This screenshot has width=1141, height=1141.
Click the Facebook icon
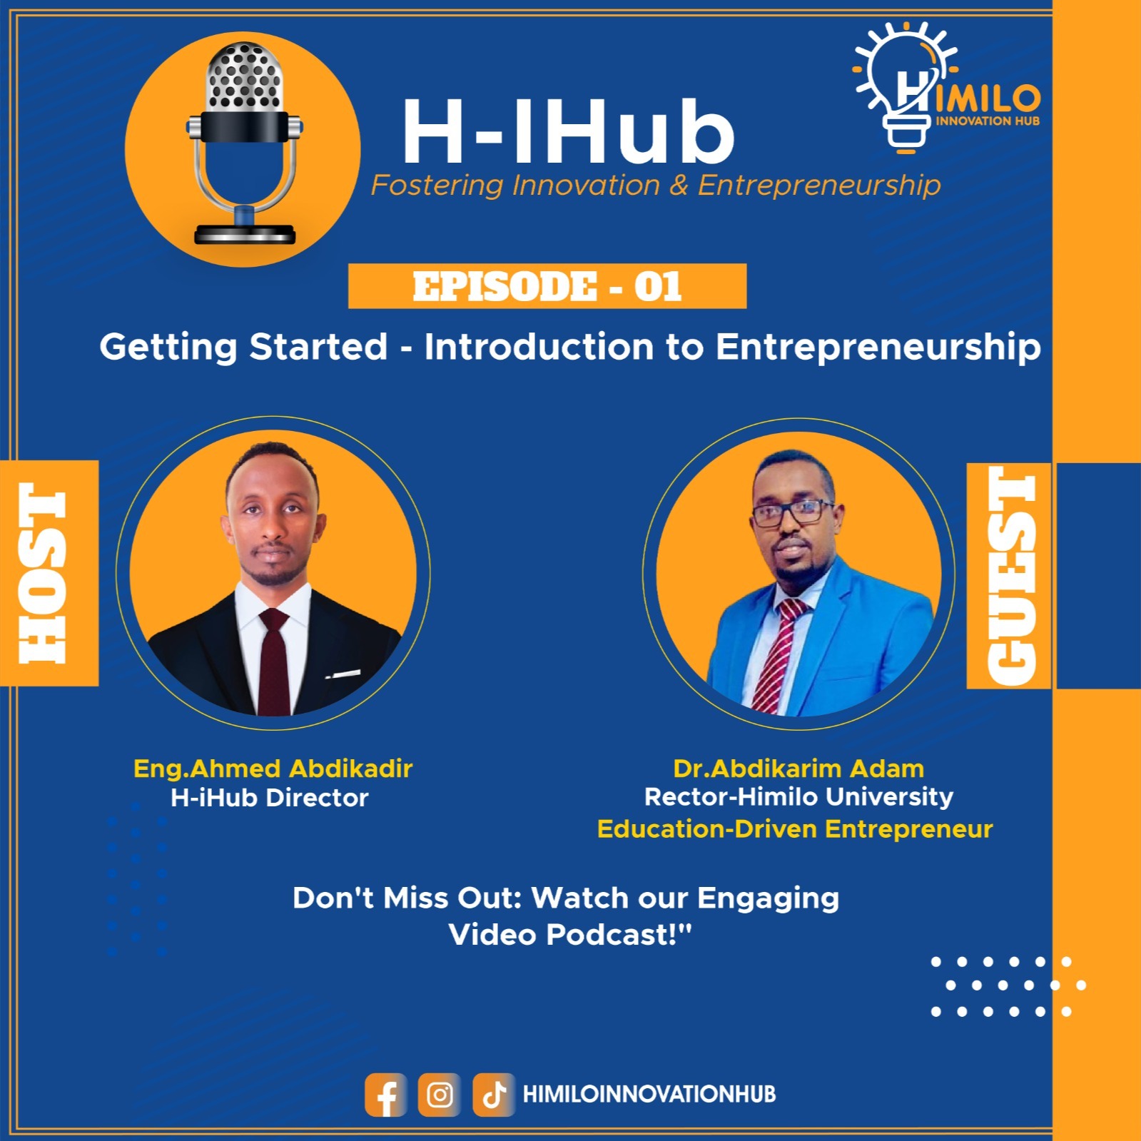coord(385,1095)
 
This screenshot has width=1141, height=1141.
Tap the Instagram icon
coord(440,1095)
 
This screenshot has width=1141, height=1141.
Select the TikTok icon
coord(494,1095)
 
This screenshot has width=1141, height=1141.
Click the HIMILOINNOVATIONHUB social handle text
coord(649,1095)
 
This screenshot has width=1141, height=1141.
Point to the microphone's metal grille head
coord(244,77)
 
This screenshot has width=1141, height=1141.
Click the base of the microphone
coord(245,234)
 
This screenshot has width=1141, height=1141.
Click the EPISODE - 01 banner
coord(547,286)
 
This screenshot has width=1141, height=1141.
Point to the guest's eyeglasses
coord(792,512)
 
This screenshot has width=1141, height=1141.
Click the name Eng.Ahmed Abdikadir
coord(273,769)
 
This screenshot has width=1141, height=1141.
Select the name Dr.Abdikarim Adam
coord(798,769)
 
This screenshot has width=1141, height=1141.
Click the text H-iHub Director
coord(269,798)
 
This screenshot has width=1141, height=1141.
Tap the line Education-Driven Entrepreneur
coord(795,829)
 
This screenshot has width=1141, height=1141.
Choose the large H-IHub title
coord(568,132)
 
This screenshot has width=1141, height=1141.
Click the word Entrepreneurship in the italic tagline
coord(818,186)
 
